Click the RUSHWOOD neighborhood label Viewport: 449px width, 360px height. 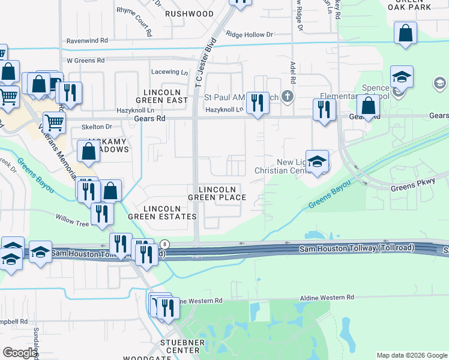(x=189, y=13)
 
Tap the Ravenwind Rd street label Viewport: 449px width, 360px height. (x=87, y=40)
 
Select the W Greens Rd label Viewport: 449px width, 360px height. (x=85, y=61)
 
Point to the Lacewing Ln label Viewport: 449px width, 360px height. (x=169, y=72)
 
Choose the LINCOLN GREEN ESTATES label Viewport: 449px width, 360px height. (x=170, y=212)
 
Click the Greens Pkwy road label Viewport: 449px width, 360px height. (x=412, y=188)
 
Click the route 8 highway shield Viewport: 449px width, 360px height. (x=165, y=244)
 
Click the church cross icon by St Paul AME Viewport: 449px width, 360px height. (x=288, y=96)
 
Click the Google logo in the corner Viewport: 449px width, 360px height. (x=20, y=352)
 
